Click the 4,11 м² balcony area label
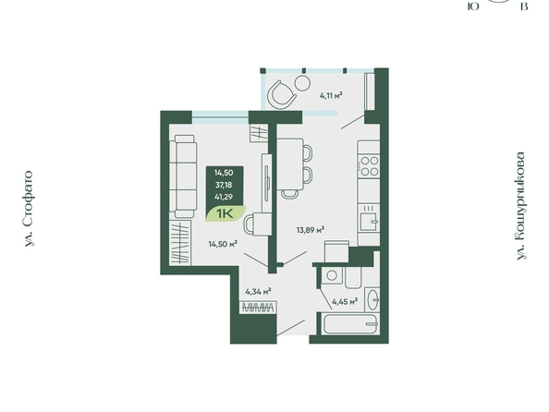coord(331,95)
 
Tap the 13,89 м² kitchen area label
coord(311,230)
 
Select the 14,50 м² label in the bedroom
coord(223,244)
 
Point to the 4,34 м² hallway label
coord(259,291)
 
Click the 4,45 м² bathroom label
coord(345,301)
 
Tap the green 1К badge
coord(226,213)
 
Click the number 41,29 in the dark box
coord(224,197)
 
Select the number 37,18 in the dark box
coord(224,185)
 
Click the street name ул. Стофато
coord(30,209)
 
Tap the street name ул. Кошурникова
coord(521,206)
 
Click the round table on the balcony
coord(302,83)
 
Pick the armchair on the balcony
coord(281,94)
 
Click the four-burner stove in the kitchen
coord(370,166)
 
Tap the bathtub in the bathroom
coord(350,324)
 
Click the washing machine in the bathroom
coord(332,275)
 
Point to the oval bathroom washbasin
coord(373,299)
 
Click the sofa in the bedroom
coord(182,176)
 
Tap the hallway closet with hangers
coord(259,308)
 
